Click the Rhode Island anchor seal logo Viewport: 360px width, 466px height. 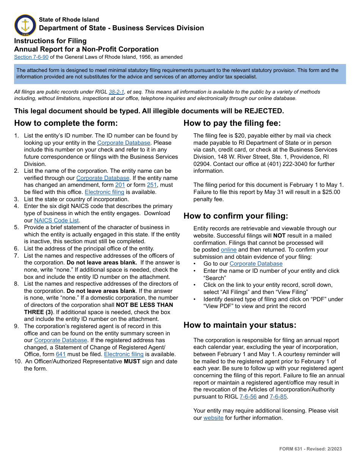tap(25, 25)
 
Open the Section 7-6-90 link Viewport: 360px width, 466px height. tap(31, 57)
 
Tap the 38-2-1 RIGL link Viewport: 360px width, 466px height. tap(116, 92)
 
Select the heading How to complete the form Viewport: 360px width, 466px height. tap(66, 123)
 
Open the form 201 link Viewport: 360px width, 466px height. tap(120, 185)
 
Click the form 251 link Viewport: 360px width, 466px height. tap(152, 185)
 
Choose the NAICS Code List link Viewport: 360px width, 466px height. tap(56, 220)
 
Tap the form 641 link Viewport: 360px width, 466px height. tap(61, 354)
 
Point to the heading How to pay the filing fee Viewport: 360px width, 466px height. tap(232, 123)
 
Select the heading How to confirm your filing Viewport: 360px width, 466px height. tap(236, 216)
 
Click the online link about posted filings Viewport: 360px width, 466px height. tap(229, 250)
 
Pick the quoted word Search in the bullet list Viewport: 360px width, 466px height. tap(214, 278)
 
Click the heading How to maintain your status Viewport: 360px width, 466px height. tap(240, 325)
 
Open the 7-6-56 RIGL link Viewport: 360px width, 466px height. tap(248, 397)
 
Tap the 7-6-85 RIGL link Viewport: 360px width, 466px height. tap(278, 397)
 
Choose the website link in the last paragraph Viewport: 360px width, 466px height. tap(213, 418)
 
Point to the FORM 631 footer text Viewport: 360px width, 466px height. tap(310, 449)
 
